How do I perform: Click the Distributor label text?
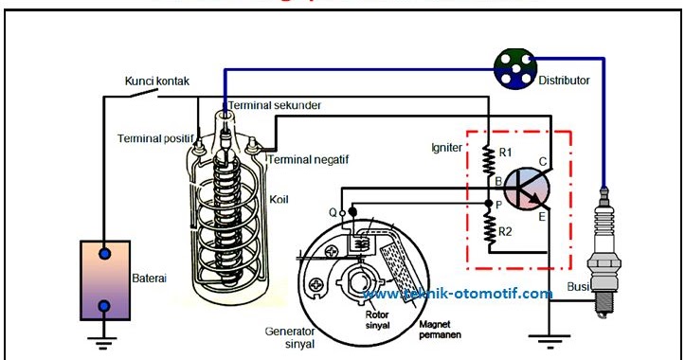[566, 81]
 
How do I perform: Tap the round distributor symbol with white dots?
[514, 67]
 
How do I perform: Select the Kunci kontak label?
[157, 81]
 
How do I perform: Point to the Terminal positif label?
[153, 138]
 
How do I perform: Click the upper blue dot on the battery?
[105, 254]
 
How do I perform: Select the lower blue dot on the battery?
[105, 306]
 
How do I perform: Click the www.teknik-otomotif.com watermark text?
[458, 294]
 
